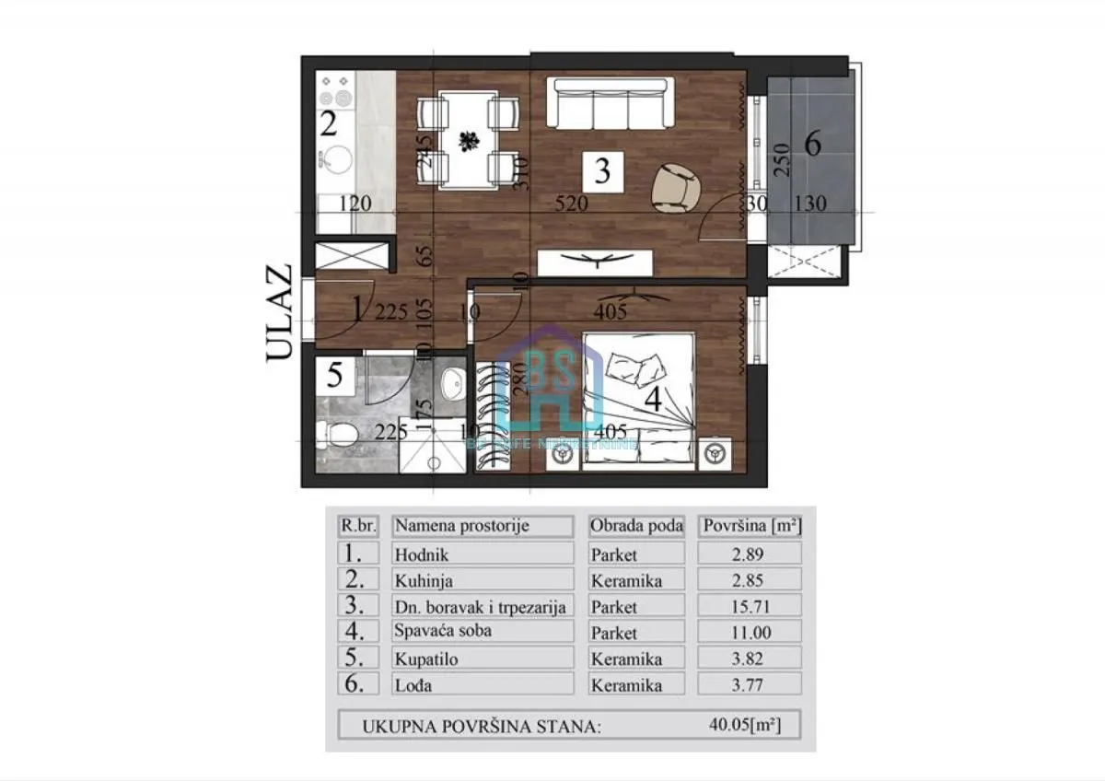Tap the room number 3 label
tap(602, 171)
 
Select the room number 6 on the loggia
tap(812, 144)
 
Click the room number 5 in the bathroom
tap(335, 376)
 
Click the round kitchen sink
tap(337, 159)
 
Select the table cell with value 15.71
tap(750, 606)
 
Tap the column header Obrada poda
tap(636, 527)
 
